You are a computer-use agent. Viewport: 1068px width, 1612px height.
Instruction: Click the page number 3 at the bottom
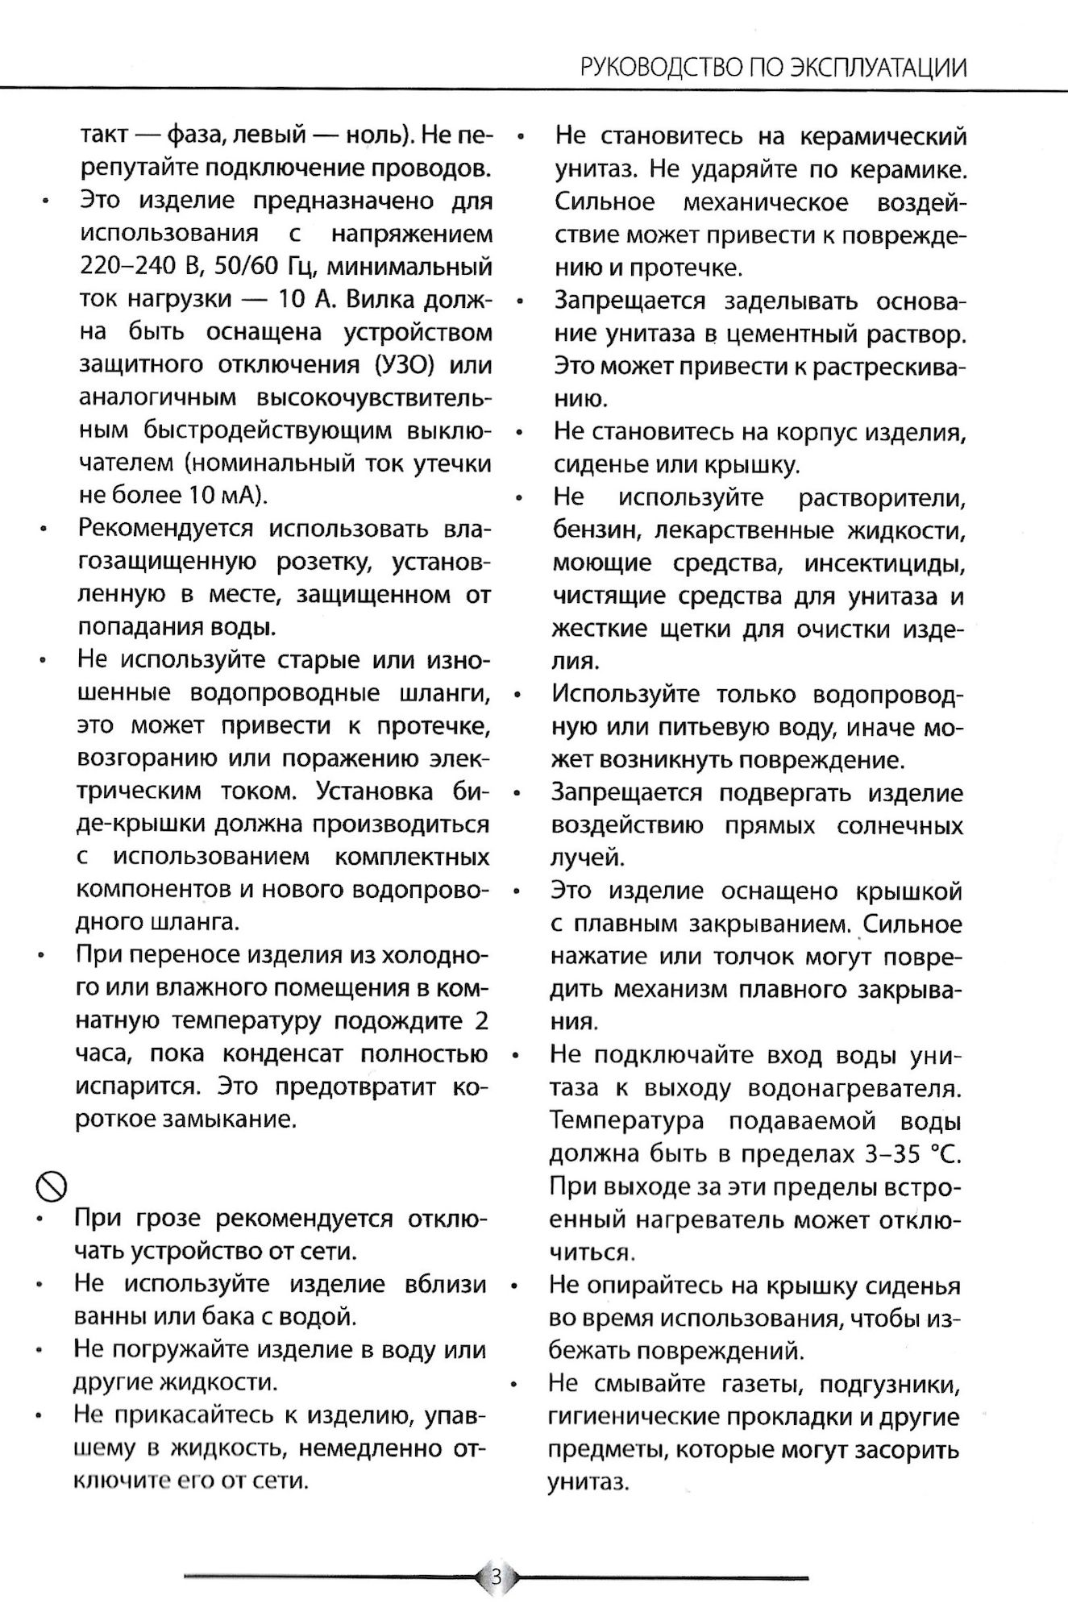click(x=496, y=1576)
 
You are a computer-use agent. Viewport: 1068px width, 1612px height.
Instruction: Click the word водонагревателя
click(x=854, y=1088)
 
